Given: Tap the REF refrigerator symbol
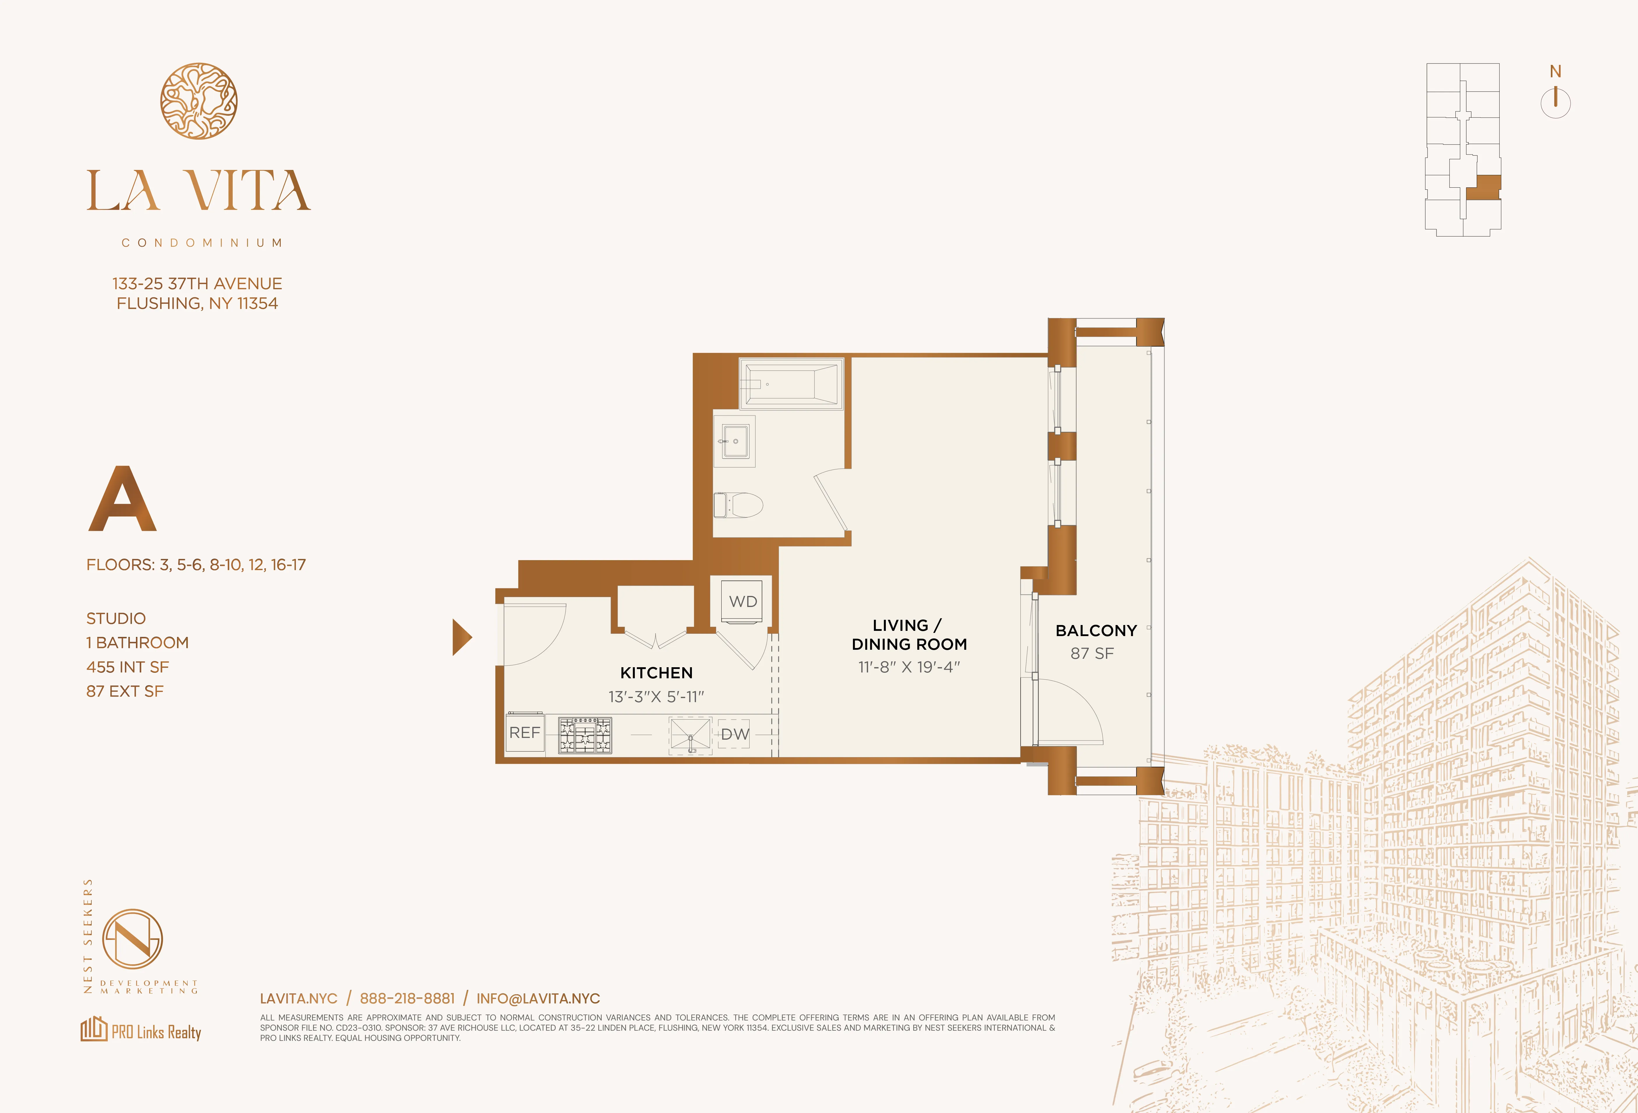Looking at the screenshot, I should pos(524,733).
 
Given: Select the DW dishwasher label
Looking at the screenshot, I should pos(734,734).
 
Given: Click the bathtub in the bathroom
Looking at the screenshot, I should pos(791,384).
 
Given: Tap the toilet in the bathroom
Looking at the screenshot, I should pos(740,504).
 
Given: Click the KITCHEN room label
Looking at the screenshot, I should pos(656,673).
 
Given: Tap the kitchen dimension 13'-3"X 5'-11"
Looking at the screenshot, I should pos(656,697).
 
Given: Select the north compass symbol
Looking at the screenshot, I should pos(1555,101).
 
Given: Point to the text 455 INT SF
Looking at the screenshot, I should pos(128,667).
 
